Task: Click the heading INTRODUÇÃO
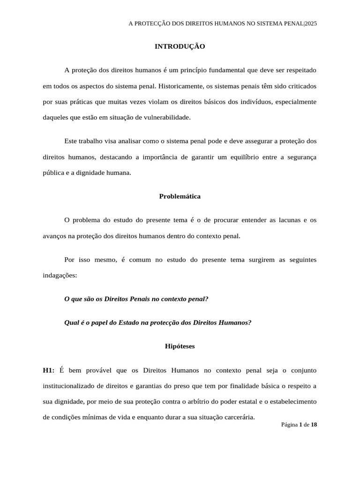click(180, 46)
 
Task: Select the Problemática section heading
click(180, 196)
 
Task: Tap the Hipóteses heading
click(180, 346)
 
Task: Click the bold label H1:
click(48, 370)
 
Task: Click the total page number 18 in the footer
click(314, 425)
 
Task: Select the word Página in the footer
click(289, 425)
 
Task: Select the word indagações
click(60, 276)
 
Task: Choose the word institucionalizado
click(75, 386)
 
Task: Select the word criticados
click(301, 86)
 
